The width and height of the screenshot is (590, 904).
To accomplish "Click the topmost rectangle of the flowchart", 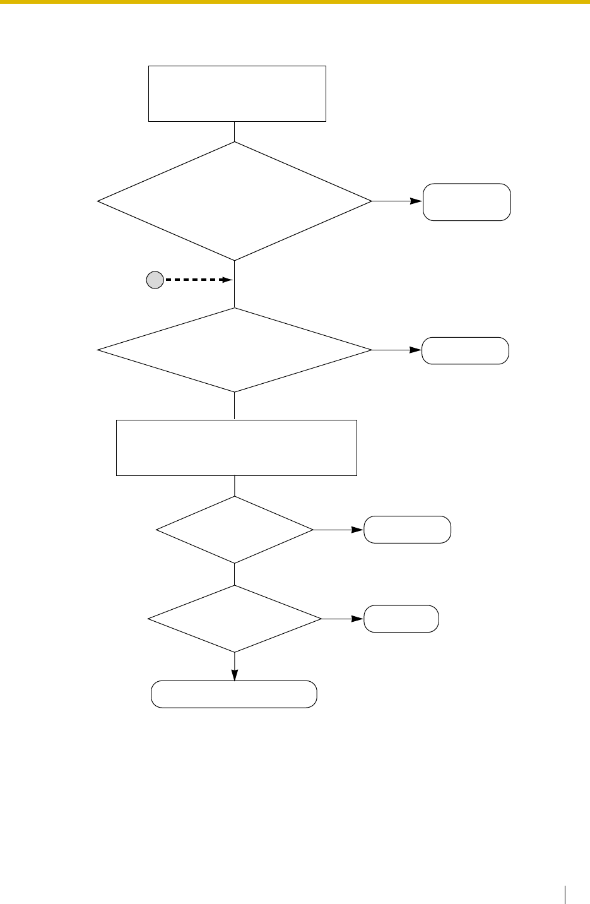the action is point(237,93).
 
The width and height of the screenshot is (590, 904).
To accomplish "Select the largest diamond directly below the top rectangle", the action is point(234,201).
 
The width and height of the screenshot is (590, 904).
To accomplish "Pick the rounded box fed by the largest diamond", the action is point(466,202).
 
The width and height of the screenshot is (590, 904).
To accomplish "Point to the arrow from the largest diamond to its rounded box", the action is point(397,201).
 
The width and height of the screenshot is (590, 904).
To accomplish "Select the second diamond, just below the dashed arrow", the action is point(234,350).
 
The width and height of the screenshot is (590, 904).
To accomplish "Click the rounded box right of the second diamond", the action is point(465,350).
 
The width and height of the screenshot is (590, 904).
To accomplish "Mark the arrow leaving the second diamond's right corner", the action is point(397,350).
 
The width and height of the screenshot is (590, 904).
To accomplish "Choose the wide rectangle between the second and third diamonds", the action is point(237,447).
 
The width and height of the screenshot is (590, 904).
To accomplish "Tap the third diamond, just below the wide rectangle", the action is point(234,530).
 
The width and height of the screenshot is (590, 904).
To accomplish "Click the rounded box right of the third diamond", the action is point(407,530).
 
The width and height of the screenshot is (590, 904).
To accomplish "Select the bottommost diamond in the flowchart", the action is point(234,619).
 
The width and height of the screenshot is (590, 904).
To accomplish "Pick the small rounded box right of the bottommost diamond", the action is point(401,619).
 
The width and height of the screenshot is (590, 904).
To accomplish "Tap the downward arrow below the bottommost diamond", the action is point(235,667).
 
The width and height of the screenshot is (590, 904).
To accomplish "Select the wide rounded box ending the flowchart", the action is point(234,694).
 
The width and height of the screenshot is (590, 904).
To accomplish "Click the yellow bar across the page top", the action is point(295,2).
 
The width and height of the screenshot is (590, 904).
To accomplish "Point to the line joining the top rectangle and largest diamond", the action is point(234,131).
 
